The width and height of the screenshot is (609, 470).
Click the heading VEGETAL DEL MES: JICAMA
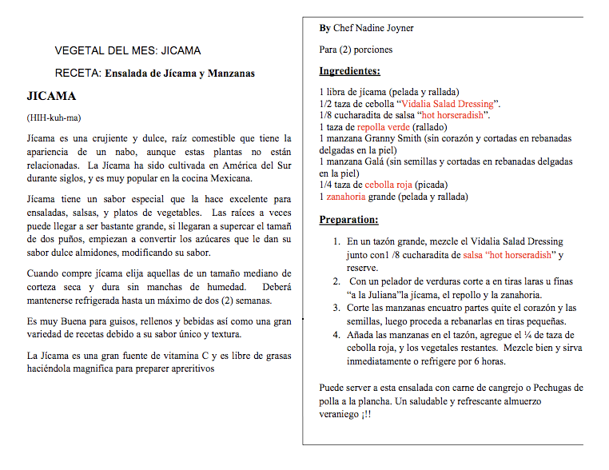click(x=128, y=50)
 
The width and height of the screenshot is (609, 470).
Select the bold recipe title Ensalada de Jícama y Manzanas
click(x=180, y=74)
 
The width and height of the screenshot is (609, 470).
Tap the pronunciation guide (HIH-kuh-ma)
click(x=54, y=118)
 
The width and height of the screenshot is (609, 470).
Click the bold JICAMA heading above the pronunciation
click(x=51, y=97)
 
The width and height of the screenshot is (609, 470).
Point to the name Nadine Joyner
click(x=385, y=28)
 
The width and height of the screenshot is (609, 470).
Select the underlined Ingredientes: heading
click(x=349, y=71)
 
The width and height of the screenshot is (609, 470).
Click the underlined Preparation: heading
click(x=348, y=220)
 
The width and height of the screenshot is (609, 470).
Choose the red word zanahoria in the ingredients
click(x=345, y=196)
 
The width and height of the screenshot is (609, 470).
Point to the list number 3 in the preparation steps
click(x=336, y=307)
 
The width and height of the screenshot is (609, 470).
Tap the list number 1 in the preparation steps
click(x=336, y=241)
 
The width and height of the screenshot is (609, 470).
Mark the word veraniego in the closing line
click(x=342, y=415)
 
